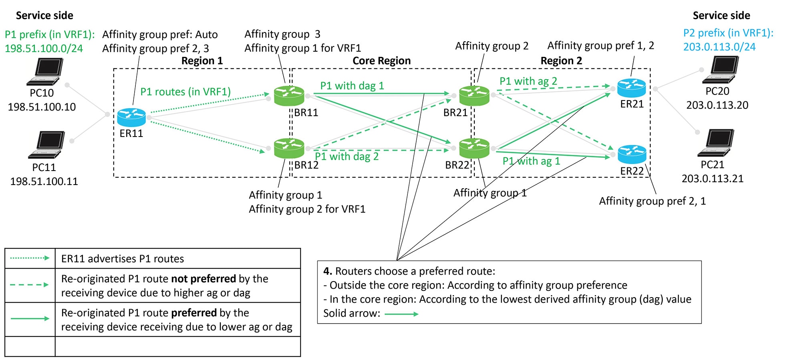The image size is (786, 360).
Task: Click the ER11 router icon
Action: tap(131, 117)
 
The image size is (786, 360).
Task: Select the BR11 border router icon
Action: tap(289, 96)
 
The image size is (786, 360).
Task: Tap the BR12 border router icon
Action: tap(289, 148)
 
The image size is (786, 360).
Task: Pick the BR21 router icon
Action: tap(474, 96)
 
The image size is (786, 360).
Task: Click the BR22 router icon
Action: tap(474, 148)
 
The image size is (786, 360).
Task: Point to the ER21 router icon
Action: tap(631, 88)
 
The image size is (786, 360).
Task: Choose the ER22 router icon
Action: tap(632, 154)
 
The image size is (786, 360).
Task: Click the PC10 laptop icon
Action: tap(45, 72)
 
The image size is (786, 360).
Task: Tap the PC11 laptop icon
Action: tap(46, 145)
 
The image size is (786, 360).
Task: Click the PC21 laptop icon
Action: tap(716, 143)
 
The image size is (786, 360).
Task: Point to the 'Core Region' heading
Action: tap(381, 61)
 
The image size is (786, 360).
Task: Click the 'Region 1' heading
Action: tap(202, 61)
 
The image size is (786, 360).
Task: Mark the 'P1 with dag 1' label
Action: tap(352, 86)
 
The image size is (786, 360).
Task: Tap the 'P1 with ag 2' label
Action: tap(528, 81)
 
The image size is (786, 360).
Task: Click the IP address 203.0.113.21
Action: tap(712, 179)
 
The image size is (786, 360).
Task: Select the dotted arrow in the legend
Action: tap(30, 258)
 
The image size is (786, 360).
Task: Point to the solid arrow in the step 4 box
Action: tap(401, 314)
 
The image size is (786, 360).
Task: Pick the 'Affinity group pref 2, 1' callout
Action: tap(652, 201)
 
